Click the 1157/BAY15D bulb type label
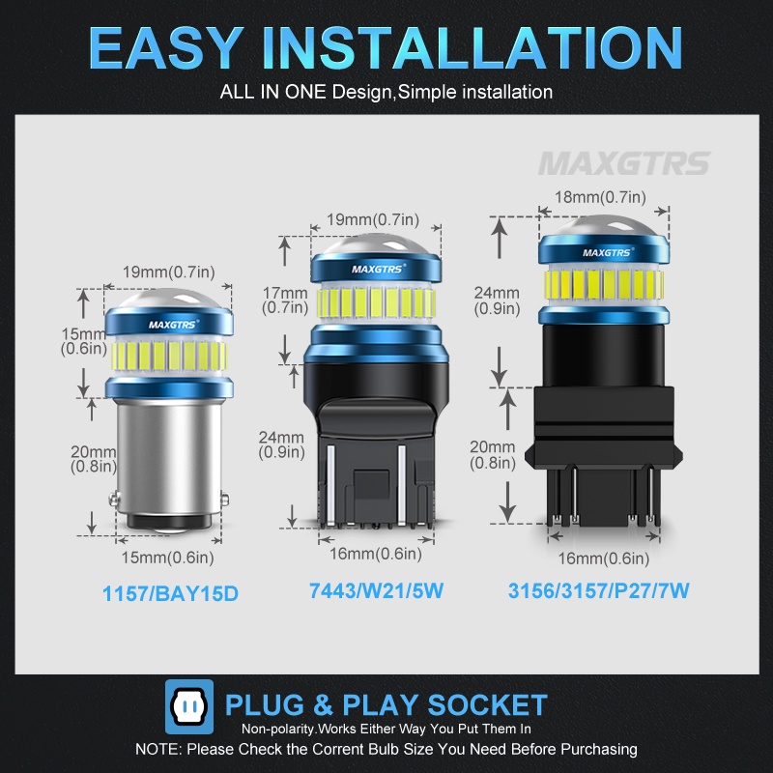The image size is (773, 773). coord(169,591)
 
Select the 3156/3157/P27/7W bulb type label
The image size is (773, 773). coord(599,590)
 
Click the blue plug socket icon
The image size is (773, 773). coord(189,704)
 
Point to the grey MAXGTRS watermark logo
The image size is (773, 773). coord(624,162)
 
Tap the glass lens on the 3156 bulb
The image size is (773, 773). coord(604,229)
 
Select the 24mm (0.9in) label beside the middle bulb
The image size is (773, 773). coord(281,444)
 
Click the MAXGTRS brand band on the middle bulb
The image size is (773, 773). coord(373,268)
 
